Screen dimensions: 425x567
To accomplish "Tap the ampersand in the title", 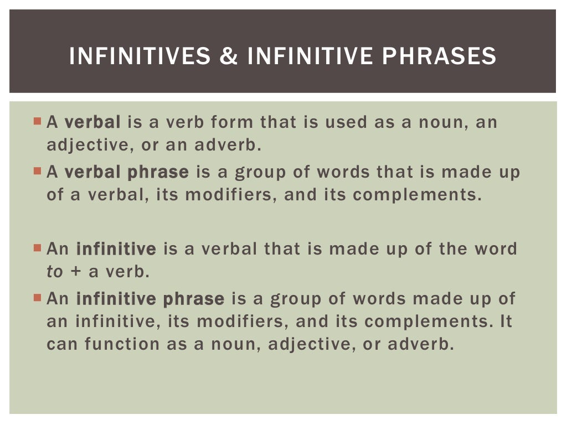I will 229,56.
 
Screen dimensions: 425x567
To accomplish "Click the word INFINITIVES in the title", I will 140,56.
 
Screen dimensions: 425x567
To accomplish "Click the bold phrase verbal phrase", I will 127,172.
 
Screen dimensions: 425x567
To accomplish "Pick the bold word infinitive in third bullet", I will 116,249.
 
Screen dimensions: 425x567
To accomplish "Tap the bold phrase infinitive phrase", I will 150,299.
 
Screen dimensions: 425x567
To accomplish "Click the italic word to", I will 54,272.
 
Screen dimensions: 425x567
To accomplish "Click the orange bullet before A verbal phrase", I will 37,171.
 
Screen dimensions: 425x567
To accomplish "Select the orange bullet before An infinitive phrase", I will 37,298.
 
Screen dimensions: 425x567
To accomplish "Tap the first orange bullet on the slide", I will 37,121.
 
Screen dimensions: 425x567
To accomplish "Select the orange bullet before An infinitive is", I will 37,248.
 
